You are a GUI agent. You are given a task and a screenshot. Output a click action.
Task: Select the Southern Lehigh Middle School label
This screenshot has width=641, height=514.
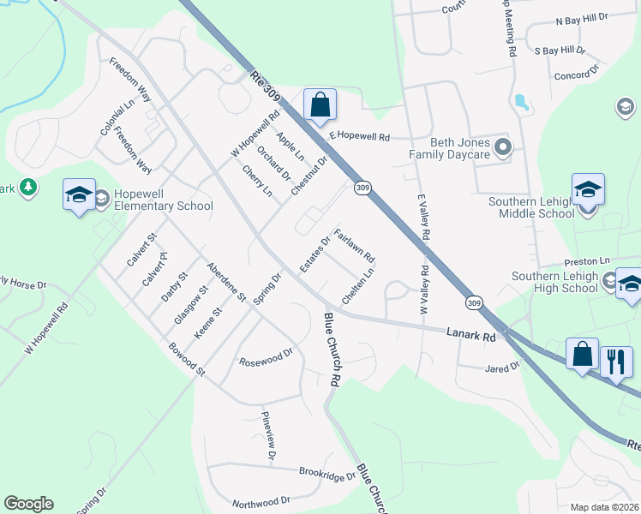click(x=530, y=208)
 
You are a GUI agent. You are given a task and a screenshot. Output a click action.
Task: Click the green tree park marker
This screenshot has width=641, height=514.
click(x=28, y=187)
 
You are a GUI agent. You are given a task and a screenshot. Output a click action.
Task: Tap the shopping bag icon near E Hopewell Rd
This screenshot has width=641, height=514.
click(x=320, y=105)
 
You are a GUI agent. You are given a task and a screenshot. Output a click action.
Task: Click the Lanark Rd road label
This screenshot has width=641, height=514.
click(x=471, y=335)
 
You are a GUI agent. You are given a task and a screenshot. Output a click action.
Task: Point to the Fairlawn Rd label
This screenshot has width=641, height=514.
click(x=355, y=245)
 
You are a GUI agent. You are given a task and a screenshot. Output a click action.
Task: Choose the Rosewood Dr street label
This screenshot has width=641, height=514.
click(x=267, y=356)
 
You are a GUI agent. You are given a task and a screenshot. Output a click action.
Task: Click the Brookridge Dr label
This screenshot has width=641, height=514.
click(x=326, y=472)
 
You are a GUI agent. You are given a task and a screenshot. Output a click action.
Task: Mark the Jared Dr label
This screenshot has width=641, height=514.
click(x=502, y=368)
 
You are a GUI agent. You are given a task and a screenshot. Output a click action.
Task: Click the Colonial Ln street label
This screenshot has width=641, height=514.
click(x=118, y=117)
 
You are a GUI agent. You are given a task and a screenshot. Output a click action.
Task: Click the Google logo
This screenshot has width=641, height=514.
click(x=28, y=504)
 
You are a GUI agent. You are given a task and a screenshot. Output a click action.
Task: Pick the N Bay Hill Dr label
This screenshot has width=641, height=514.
click(x=582, y=18)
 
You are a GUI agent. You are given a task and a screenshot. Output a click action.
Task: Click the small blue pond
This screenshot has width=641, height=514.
click(x=521, y=104)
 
